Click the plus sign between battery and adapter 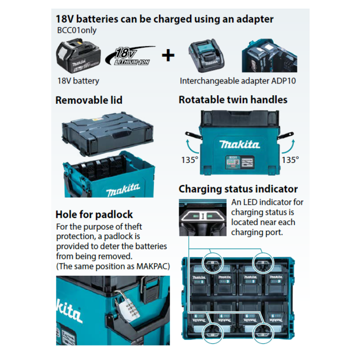168,56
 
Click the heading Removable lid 89,100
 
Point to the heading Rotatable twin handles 233,100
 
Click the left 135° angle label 190,160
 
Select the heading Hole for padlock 94,214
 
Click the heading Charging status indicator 238,189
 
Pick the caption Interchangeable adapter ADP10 238,81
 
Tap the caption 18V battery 79,81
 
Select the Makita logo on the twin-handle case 240,144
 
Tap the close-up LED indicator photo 203,217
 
